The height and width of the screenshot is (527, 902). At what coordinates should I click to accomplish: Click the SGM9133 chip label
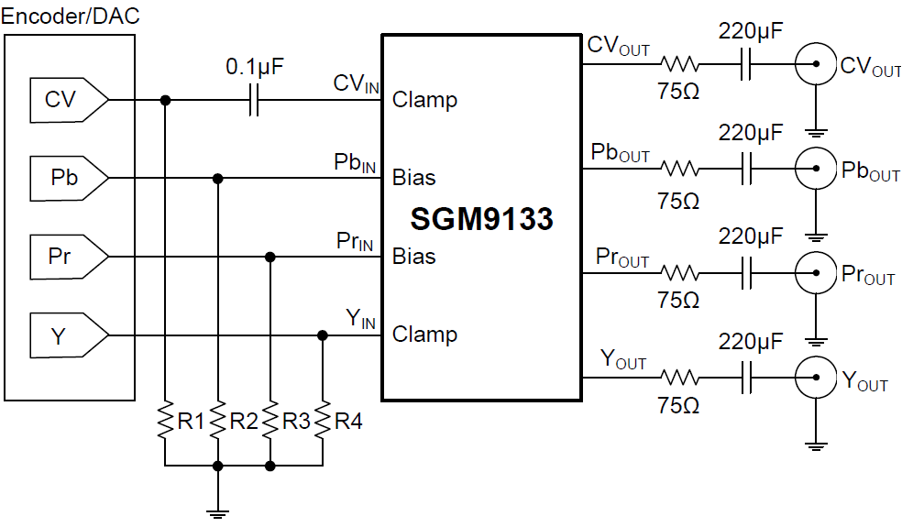click(481, 219)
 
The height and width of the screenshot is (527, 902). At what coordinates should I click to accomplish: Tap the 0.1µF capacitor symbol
click(255, 100)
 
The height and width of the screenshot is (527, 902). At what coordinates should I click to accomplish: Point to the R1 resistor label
click(190, 422)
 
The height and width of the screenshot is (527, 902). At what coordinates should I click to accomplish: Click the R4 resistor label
click(348, 422)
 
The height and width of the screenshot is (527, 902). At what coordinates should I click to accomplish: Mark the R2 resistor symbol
click(217, 421)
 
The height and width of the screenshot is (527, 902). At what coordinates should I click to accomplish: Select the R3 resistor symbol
click(269, 421)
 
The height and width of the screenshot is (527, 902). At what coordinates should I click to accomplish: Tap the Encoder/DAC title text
click(71, 16)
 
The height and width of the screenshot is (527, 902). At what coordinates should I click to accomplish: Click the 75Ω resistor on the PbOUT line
click(680, 169)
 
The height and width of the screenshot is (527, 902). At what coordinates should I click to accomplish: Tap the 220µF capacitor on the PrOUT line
click(749, 271)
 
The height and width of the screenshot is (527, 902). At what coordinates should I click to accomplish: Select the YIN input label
click(360, 319)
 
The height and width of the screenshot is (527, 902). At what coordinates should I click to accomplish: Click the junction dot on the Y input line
click(322, 335)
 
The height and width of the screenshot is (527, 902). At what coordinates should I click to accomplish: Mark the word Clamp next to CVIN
click(424, 99)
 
